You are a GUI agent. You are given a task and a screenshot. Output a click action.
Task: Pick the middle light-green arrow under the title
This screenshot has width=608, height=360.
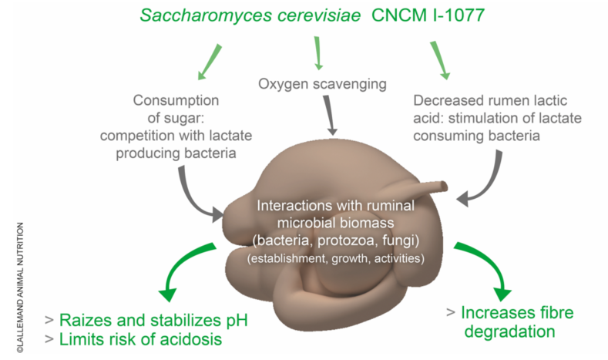click(318, 55)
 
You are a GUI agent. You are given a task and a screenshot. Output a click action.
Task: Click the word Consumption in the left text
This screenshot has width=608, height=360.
click(176, 100)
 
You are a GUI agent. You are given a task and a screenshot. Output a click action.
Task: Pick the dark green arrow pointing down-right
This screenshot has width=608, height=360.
click(485, 269)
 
